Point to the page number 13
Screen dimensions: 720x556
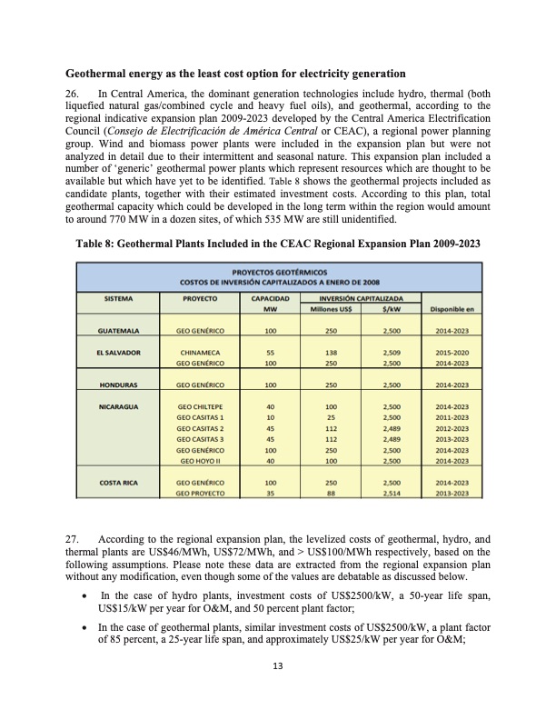coord(277,691)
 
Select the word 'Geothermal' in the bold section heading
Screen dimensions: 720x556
coord(101,72)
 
